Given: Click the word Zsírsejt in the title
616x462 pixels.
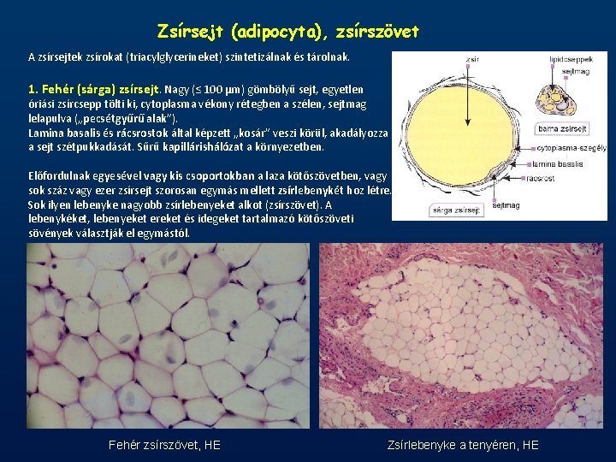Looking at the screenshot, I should pos(185,32).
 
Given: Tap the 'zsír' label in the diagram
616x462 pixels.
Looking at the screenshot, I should pos(472,60).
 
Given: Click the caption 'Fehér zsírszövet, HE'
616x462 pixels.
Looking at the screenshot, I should pos(164,445).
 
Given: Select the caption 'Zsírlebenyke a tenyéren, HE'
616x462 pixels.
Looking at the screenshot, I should pos(463,445).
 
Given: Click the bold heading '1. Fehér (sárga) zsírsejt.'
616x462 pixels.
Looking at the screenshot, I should pos(94,88).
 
